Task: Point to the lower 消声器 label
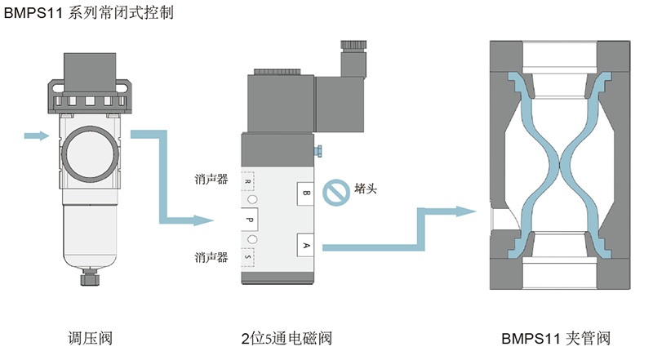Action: coord(211,257)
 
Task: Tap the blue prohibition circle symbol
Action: coord(335,193)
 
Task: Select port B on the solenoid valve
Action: coord(306,193)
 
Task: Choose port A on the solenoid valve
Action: coord(306,244)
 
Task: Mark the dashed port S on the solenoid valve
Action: coord(248,258)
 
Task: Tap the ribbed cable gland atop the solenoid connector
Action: coord(353,47)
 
